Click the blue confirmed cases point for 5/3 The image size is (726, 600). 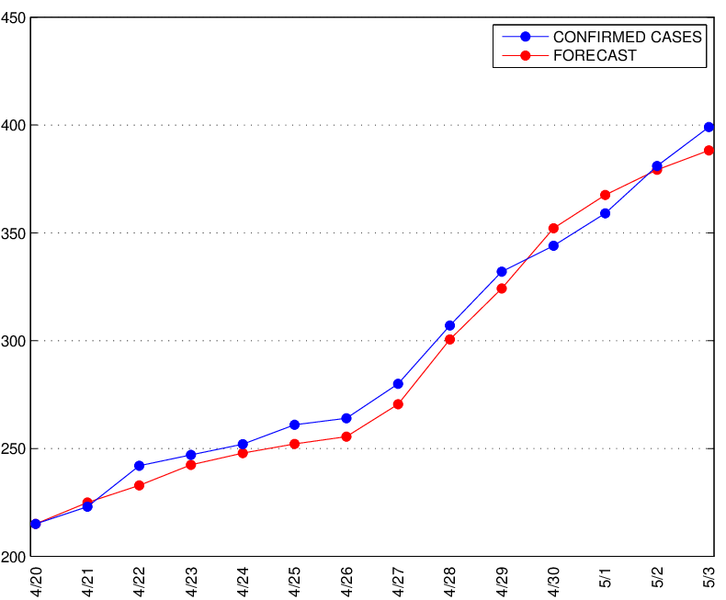pyautogui.click(x=709, y=127)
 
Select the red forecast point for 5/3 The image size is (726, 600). pyautogui.click(x=709, y=151)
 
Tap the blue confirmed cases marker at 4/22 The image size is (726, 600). pyautogui.click(x=139, y=466)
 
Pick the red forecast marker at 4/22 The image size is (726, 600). pyautogui.click(x=139, y=486)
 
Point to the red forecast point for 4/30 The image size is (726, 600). pyautogui.click(x=553, y=228)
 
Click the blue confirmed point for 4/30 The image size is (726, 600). pyautogui.click(x=553, y=246)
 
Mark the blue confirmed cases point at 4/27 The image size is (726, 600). pyautogui.click(x=398, y=384)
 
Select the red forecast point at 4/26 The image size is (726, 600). pyautogui.click(x=346, y=436)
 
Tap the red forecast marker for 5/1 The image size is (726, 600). pyautogui.click(x=606, y=195)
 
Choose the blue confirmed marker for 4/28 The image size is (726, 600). pyautogui.click(x=449, y=325)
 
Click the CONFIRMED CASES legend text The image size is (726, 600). pyautogui.click(x=628, y=37)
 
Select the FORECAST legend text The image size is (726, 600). pyautogui.click(x=595, y=55)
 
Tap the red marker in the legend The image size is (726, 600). pyautogui.click(x=525, y=55)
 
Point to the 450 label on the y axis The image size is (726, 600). pyautogui.click(x=13, y=18)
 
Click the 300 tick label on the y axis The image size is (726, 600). pyautogui.click(x=13, y=341)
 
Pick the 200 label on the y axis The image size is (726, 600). pyautogui.click(x=13, y=557)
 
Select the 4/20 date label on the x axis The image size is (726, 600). pyautogui.click(x=36, y=581)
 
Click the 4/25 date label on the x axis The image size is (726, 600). pyautogui.click(x=294, y=581)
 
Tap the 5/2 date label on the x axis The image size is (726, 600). pyautogui.click(x=657, y=577)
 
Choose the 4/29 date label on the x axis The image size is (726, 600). pyautogui.click(x=502, y=581)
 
